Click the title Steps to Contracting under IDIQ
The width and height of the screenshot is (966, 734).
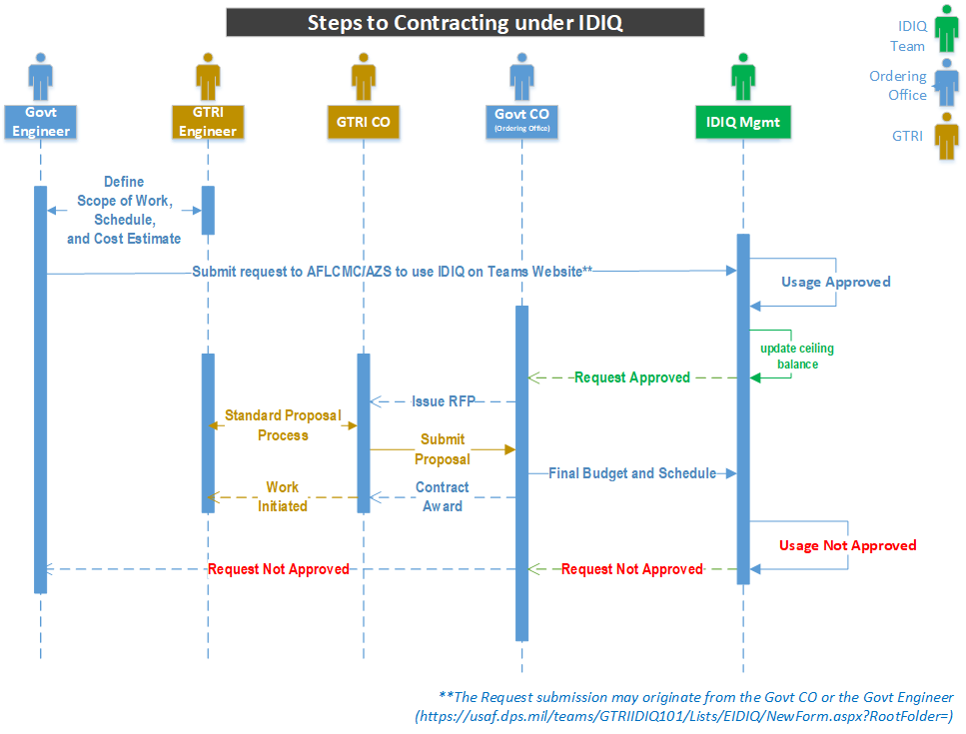[466, 23]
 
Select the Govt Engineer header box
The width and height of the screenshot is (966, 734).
[40, 122]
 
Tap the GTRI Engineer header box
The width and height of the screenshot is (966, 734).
[208, 122]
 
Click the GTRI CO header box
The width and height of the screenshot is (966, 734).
[364, 122]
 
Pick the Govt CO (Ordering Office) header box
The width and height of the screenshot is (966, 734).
[521, 120]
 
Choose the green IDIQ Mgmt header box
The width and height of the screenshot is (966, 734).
[742, 122]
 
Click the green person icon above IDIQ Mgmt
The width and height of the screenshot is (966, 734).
[742, 77]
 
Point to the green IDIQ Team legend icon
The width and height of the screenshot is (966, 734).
[943, 30]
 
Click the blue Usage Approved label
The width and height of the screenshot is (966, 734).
[835, 282]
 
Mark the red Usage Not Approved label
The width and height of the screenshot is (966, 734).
[847, 545]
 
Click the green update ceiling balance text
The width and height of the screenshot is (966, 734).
[796, 357]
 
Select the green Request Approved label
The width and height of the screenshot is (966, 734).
[631, 377]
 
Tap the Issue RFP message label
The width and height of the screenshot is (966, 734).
[443, 401]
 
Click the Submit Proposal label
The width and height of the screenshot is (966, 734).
[443, 449]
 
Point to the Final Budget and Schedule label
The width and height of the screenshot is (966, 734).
[631, 473]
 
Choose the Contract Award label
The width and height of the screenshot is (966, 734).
[442, 496]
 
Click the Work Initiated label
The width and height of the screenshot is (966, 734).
[282, 496]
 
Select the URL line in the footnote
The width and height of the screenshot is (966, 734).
[683, 716]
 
